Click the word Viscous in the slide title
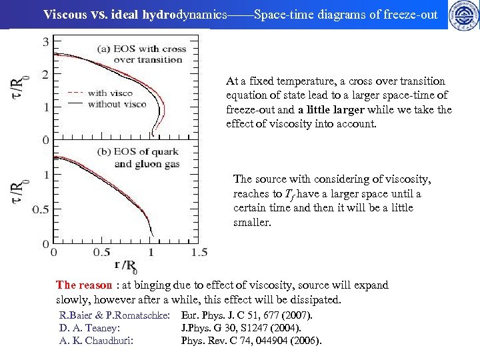[x=64, y=14]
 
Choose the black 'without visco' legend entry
[x=109, y=104]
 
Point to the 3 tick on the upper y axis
[x=45, y=42]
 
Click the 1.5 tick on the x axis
[x=198, y=253]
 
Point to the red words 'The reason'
[x=84, y=285]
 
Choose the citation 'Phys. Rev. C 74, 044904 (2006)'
[x=251, y=341]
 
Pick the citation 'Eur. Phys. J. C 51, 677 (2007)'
[x=247, y=315]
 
